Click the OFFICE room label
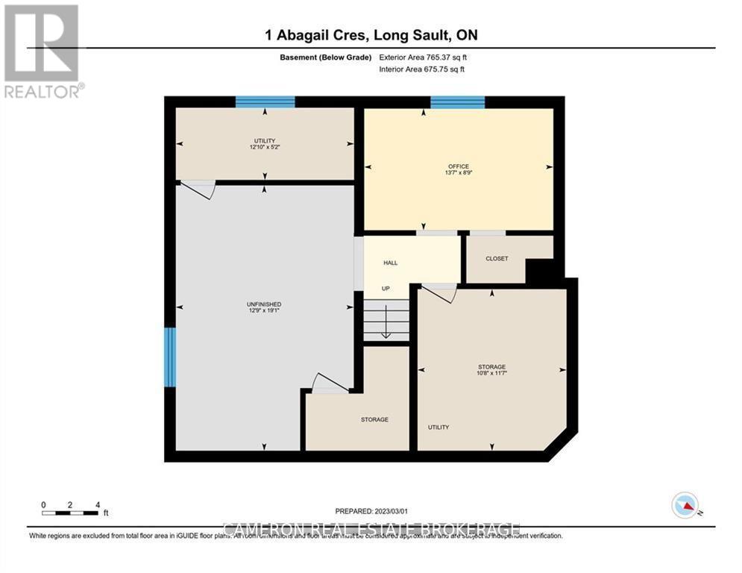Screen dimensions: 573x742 459,166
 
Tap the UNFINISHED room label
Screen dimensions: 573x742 264,304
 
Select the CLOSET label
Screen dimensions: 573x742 497,259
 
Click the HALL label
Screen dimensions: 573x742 391,263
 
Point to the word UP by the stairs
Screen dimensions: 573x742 386,288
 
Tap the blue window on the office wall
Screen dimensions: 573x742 458,102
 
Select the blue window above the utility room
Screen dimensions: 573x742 265,102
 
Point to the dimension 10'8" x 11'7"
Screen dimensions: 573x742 491,375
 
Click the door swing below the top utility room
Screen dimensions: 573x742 198,190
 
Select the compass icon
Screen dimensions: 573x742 684,505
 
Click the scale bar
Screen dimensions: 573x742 71,513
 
